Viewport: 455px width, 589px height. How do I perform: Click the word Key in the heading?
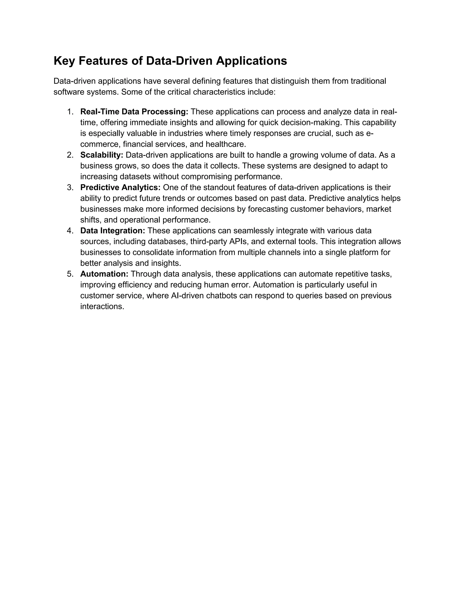coord(64,61)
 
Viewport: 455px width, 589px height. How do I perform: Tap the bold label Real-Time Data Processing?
coord(134,112)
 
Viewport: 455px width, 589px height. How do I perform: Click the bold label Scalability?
coord(102,155)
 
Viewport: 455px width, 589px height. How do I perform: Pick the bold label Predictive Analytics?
coord(120,187)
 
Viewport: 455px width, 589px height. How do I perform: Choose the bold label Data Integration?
coord(113,230)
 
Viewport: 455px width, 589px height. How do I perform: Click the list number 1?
coord(70,112)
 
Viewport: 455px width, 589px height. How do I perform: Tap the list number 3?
coord(70,187)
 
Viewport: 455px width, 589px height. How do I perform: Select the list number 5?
coord(70,274)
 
